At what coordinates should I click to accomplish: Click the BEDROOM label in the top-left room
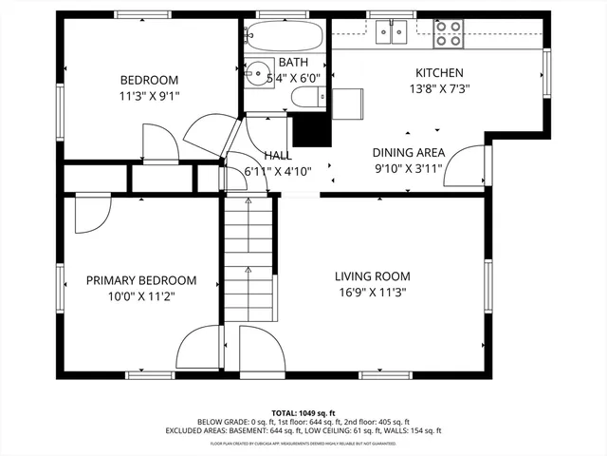pos(149,80)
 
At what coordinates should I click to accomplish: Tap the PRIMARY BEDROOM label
pos(141,280)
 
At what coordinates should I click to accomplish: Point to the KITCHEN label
pos(439,73)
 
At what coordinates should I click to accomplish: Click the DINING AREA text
pos(410,152)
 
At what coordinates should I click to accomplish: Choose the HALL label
pos(278,155)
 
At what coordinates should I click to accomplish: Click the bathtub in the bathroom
pos(282,37)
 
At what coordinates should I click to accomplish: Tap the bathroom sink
pos(256,71)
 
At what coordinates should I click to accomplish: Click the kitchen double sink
pos(393,33)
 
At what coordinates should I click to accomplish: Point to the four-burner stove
pos(449,33)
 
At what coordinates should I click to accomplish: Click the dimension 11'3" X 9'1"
pos(149,96)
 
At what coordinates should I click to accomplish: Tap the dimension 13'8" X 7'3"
pos(439,89)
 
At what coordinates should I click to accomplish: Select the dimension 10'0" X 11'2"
pos(141,296)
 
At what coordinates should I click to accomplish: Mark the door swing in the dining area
pos(462,168)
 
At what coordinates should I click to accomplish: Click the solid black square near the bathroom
pos(308,130)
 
